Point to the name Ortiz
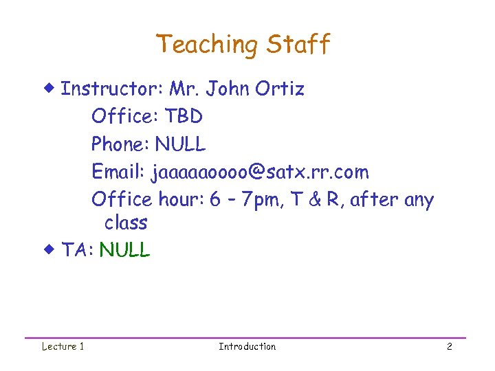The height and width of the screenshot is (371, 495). coord(279,89)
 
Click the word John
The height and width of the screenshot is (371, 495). coord(228,89)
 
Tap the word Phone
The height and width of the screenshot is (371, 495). coord(120,144)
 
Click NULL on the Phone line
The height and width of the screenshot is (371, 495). coord(180,144)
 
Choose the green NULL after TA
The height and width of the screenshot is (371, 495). coord(124,250)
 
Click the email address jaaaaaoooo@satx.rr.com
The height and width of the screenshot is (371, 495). coord(260,172)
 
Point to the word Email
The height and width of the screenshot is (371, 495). coord(118,172)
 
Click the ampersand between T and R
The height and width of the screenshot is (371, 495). coord(316,200)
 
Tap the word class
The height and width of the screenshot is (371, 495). coord(126,223)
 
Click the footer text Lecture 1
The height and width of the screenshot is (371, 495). coord(63,346)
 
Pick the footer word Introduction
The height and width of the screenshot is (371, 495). coord(247,346)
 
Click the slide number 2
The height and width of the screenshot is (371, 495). coord(449,346)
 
